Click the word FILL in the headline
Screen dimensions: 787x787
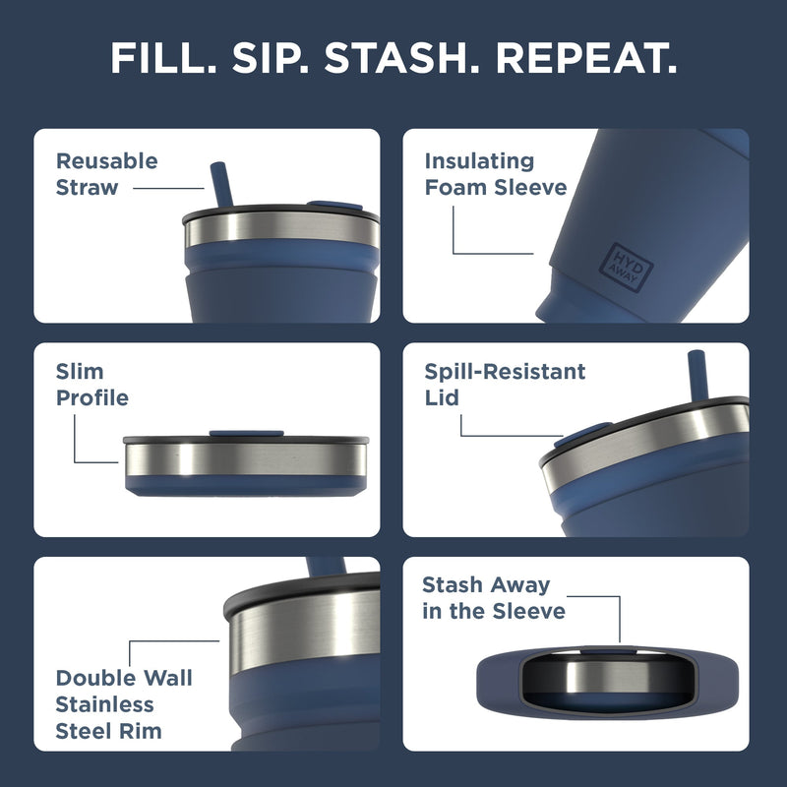tap(163, 58)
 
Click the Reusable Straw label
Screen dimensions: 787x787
tap(106, 173)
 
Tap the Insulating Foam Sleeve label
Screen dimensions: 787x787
tap(495, 173)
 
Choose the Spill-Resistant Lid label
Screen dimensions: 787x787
tap(505, 385)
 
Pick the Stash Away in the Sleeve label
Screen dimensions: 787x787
tap(494, 598)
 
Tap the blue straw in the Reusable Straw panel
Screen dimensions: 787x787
tap(218, 186)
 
